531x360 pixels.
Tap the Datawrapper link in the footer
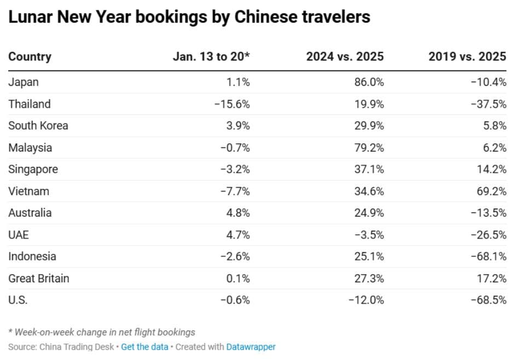click(x=251, y=347)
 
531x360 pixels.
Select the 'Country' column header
click(x=30, y=56)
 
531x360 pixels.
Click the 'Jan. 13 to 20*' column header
click(x=211, y=56)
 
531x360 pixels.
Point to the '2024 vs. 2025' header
click(x=345, y=56)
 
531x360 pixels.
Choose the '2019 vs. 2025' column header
click(x=467, y=56)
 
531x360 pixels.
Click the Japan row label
click(x=24, y=82)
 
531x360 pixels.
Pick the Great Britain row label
click(x=39, y=278)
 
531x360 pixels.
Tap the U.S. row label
click(x=18, y=300)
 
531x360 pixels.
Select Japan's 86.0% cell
click(x=369, y=82)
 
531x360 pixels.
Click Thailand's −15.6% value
click(x=232, y=104)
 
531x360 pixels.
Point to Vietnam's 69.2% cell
click(x=491, y=191)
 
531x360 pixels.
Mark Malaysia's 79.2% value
click(x=369, y=148)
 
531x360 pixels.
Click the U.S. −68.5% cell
click(x=488, y=300)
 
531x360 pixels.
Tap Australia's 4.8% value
click(x=238, y=213)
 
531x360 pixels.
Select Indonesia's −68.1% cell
click(x=488, y=257)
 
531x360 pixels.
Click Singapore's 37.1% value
click(x=369, y=170)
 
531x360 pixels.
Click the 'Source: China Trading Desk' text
click(x=61, y=347)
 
